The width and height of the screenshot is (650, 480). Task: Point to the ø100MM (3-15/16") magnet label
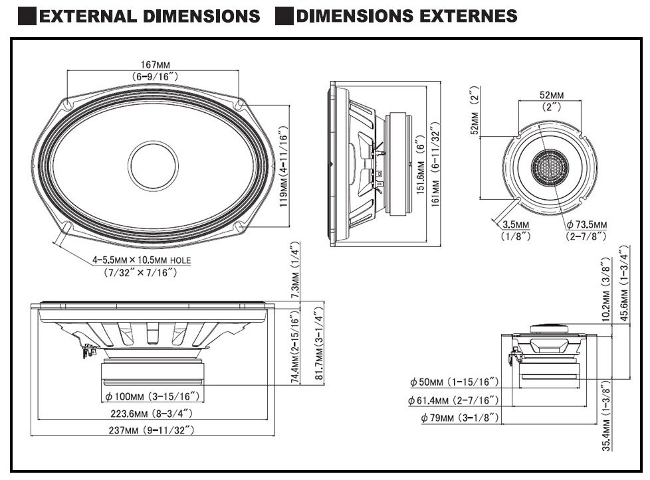point(153,397)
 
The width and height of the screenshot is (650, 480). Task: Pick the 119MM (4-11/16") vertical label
point(283,167)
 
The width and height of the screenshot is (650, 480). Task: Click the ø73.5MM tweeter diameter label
point(586,225)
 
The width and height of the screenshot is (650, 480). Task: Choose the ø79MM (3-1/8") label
point(459,418)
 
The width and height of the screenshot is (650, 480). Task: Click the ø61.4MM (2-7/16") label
point(452,400)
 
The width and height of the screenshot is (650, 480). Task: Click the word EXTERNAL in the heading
point(84,16)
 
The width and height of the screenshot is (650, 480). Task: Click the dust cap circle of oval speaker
point(154,164)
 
